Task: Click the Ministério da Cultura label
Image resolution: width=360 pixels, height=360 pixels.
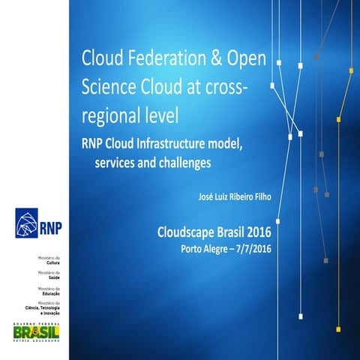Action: [x=52, y=260]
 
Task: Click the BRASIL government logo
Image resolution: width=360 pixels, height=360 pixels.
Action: [x=37, y=331]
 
